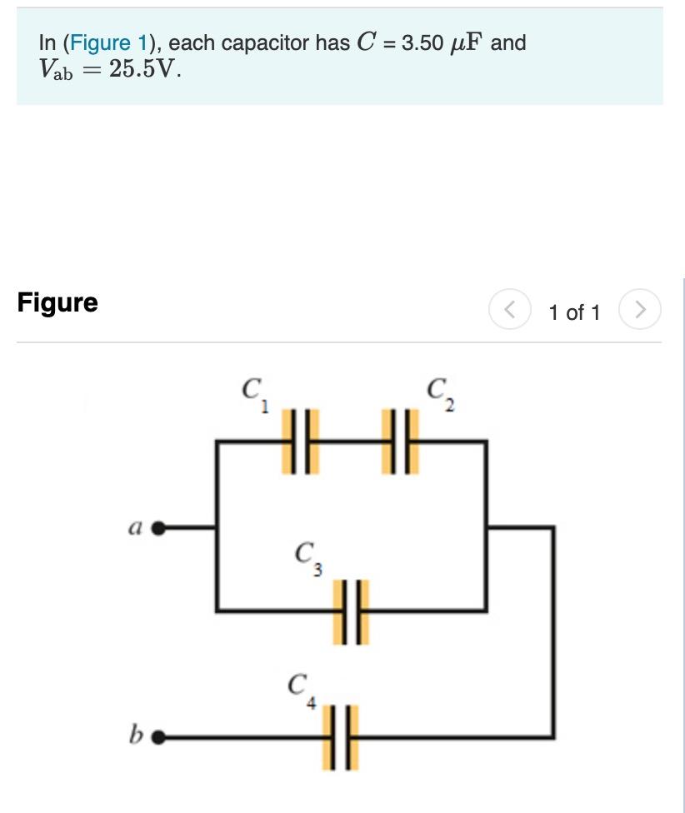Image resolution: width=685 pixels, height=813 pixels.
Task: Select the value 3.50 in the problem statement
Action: click(422, 43)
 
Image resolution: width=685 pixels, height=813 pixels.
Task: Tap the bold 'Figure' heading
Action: click(57, 302)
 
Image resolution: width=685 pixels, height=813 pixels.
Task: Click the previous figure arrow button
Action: click(509, 312)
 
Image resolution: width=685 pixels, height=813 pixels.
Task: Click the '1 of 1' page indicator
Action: click(574, 312)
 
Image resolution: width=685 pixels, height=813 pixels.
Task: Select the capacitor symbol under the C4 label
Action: click(342, 737)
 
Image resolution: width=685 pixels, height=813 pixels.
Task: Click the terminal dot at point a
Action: click(159, 527)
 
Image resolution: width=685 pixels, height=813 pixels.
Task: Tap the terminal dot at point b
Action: click(159, 737)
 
